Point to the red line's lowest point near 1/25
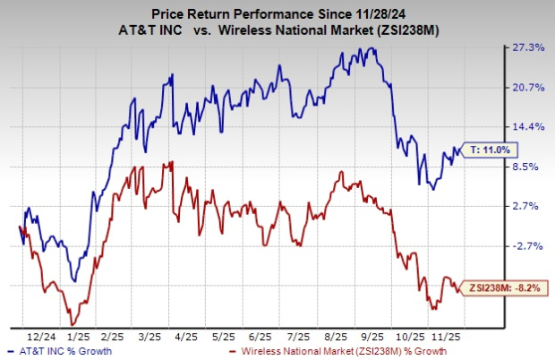click(72, 324)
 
